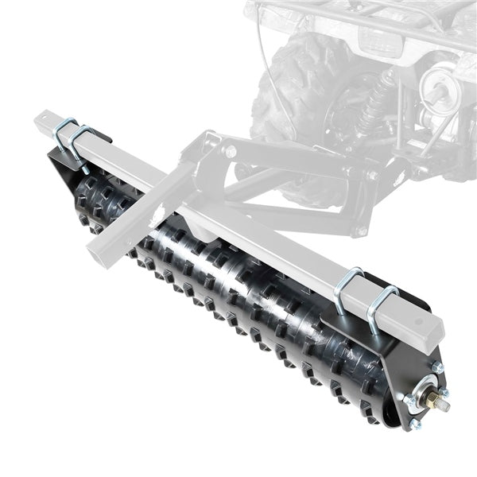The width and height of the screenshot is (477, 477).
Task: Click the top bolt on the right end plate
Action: click(x=436, y=367)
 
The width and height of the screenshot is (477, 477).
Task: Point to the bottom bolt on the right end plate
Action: click(x=414, y=423)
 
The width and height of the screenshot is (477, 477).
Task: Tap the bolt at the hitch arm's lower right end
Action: click(x=363, y=230)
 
